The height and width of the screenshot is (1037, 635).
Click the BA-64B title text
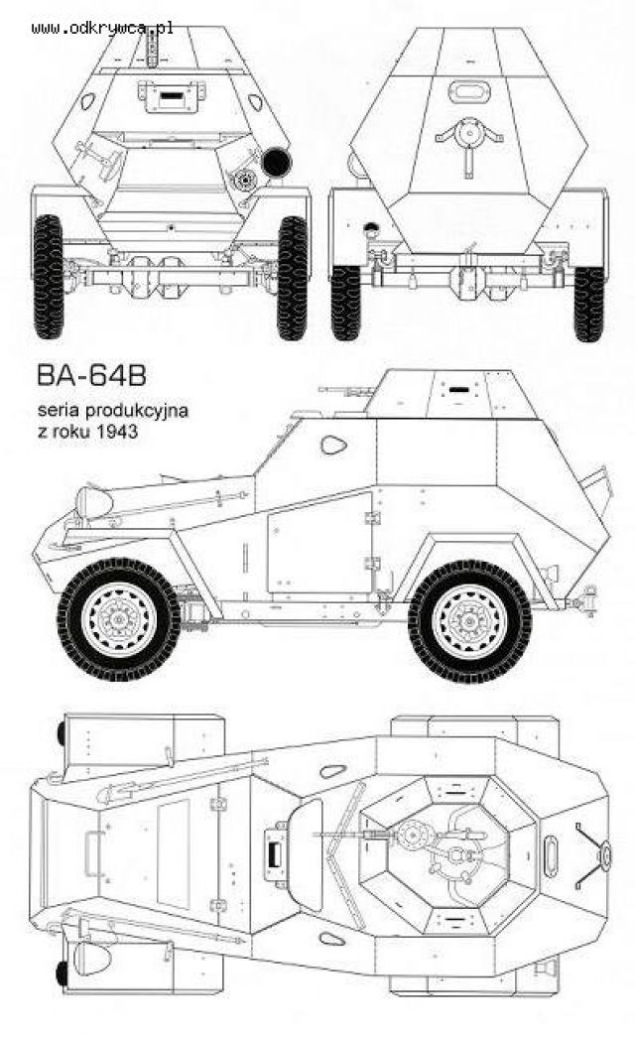tap(91, 375)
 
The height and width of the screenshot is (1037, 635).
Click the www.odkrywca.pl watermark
tap(102, 28)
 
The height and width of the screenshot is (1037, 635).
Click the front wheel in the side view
tap(119, 619)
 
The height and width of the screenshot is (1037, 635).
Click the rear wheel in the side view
tap(469, 621)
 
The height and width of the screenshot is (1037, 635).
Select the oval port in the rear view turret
tap(469, 90)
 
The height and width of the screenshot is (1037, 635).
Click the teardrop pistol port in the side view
tap(333, 445)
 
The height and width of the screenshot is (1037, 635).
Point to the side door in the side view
tap(319, 543)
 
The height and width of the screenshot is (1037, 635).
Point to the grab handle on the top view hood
tap(92, 853)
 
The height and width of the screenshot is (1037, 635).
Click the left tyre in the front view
tap(48, 277)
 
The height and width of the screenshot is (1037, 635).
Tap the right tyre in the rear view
tap(588, 304)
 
